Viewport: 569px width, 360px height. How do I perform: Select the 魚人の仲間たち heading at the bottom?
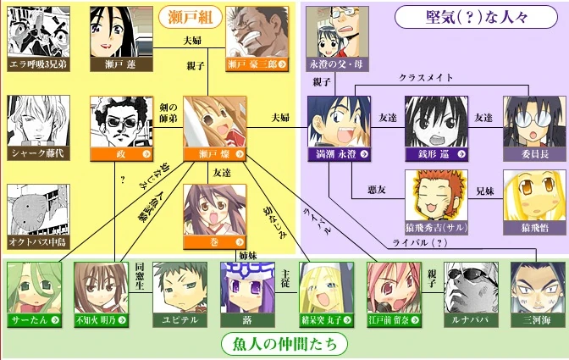tap(284, 345)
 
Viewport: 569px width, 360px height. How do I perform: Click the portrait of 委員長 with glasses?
tap(534, 121)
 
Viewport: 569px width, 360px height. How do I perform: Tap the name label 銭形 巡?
tap(436, 155)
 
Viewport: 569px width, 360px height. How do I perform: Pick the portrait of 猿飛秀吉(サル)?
tap(436, 196)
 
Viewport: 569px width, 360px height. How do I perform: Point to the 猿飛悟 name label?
tap(534, 229)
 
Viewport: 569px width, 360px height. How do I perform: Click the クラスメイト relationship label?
tap(426, 77)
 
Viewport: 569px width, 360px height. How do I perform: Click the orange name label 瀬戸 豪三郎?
tap(258, 64)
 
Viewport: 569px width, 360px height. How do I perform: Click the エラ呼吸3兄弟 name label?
tap(38, 64)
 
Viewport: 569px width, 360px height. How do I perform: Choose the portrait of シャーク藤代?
tap(38, 121)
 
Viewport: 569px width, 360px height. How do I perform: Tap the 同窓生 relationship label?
tap(140, 271)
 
